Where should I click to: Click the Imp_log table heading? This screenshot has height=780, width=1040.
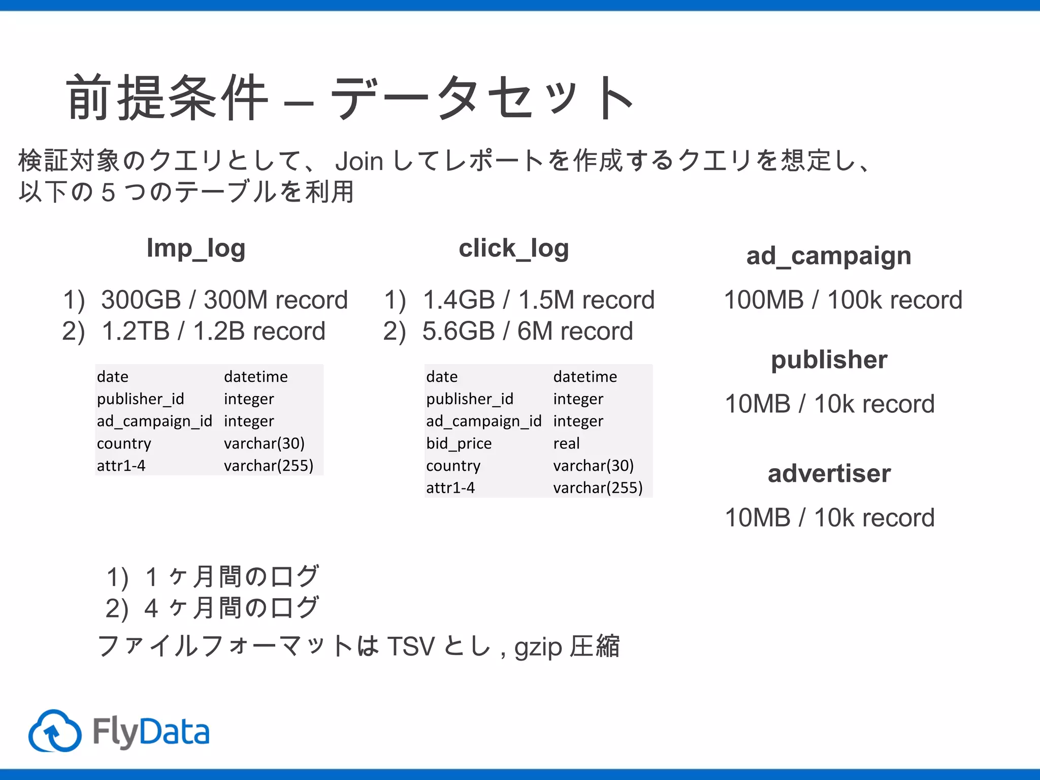coord(196,249)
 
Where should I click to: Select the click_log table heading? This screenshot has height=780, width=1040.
coord(513,249)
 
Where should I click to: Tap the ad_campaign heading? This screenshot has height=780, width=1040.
coord(828,256)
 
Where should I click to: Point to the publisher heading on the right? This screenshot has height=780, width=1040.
coord(829,360)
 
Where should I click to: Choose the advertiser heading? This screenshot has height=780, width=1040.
coord(829,473)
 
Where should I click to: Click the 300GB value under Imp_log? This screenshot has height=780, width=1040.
coord(141,300)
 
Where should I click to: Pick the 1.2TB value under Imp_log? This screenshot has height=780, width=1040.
coord(135,331)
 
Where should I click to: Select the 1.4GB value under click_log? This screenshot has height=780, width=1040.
coord(459,300)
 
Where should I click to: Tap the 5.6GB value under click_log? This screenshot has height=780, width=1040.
coord(458,331)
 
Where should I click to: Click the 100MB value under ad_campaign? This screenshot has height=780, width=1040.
coord(763,300)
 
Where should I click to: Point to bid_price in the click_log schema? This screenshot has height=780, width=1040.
coord(459,443)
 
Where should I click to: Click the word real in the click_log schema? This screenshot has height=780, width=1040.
coord(566,443)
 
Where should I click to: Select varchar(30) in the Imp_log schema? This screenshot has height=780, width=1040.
coord(264,443)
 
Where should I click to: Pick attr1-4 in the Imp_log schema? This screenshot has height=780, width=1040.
coord(121,466)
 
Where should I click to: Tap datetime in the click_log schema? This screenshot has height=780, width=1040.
coord(585,376)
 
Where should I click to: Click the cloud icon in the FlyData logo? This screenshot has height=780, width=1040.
coord(55,731)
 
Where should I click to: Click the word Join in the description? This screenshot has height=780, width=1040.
coord(359,161)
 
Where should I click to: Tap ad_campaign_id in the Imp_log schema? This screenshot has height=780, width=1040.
coord(154,421)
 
